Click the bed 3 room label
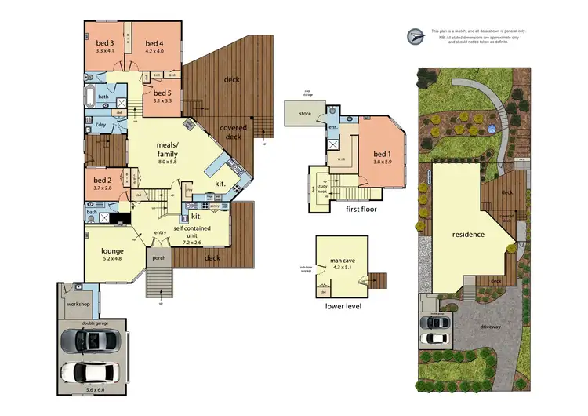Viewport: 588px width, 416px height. pyautogui.click(x=105, y=43)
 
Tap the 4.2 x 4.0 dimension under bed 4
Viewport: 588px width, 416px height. pyautogui.click(x=154, y=51)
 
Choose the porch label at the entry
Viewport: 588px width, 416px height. pyautogui.click(x=158, y=257)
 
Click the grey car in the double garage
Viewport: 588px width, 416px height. pyautogui.click(x=90, y=341)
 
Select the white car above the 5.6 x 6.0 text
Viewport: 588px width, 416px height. pyautogui.click(x=90, y=373)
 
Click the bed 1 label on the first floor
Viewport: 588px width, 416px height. pyautogui.click(x=381, y=153)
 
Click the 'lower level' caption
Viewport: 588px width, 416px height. pyautogui.click(x=344, y=306)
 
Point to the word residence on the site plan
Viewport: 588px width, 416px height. pyautogui.click(x=468, y=234)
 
